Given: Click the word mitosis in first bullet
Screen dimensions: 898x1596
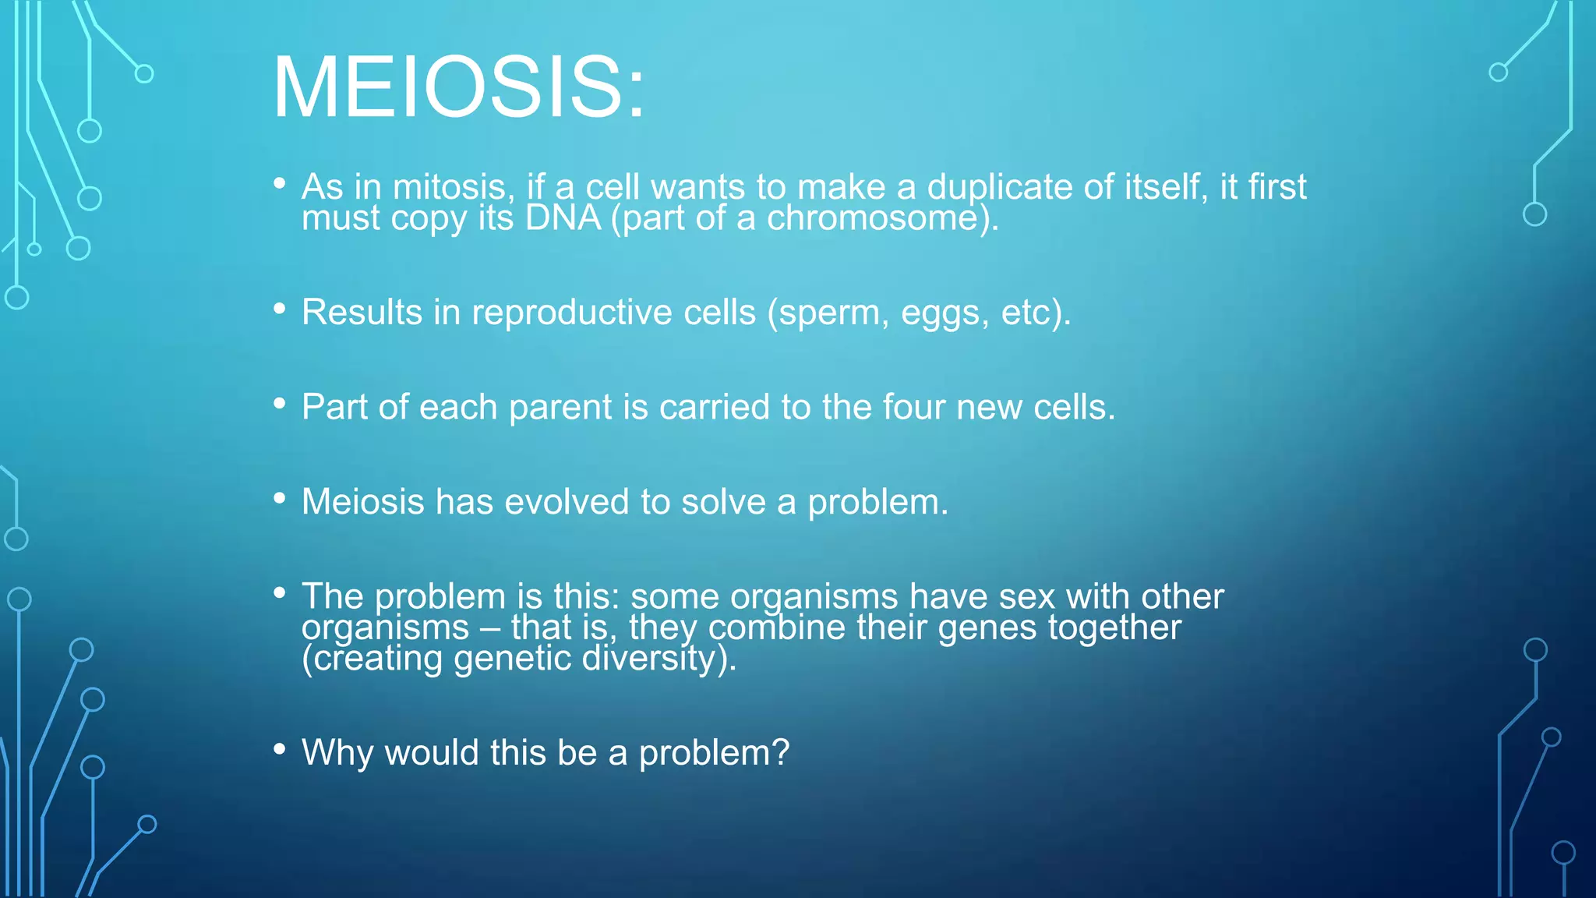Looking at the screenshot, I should click(453, 187).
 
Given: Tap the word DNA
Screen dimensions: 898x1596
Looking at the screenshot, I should click(563, 218).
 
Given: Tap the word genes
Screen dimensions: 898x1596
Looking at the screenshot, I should click(987, 628).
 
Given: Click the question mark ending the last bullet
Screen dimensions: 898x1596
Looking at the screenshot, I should click(781, 753).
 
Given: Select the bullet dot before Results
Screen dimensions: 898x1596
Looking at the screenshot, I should click(280, 309).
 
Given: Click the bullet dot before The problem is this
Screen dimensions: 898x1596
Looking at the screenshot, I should click(280, 593).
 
